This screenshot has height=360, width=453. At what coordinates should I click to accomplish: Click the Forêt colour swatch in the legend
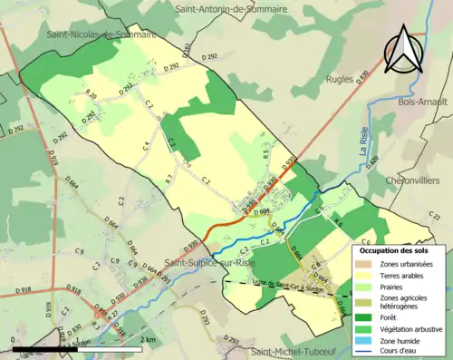pyautogui.click(x=369, y=316)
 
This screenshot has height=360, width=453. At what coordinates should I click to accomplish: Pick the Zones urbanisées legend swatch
pyautogui.click(x=369, y=264)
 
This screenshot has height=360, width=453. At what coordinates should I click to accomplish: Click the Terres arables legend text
pyautogui.click(x=404, y=275)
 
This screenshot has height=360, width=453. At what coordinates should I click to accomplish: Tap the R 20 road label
pyautogui.click(x=91, y=94)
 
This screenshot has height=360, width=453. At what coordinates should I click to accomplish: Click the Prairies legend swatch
pyautogui.click(x=369, y=287)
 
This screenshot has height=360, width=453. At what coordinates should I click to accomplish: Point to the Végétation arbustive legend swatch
pyautogui.click(x=369, y=329)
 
